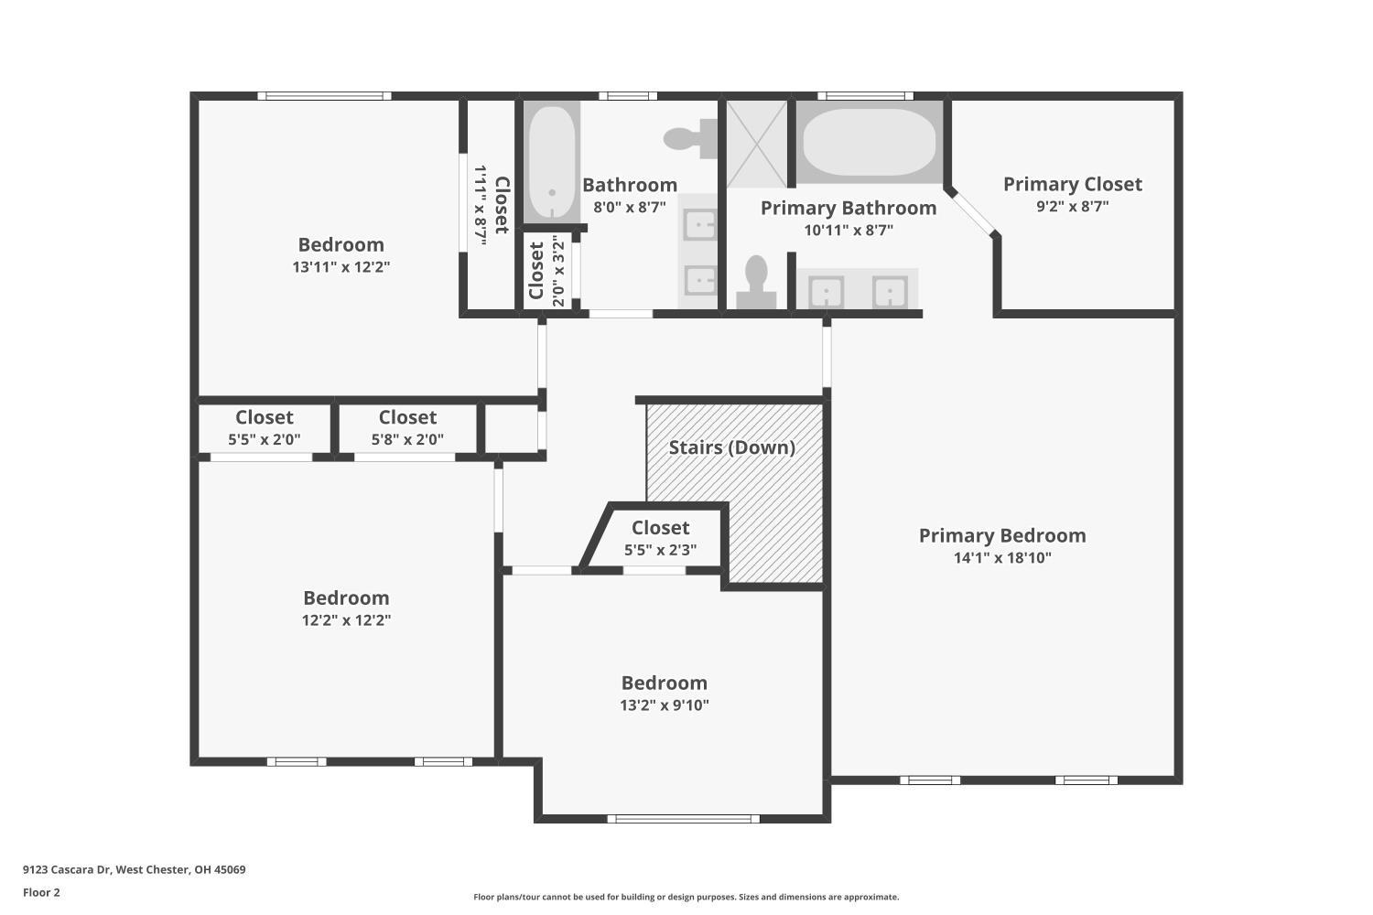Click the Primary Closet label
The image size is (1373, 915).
[1072, 184]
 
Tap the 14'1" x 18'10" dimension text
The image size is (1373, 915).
[1002, 558]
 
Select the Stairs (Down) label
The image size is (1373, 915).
[732, 447]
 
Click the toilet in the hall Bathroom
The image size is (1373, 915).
[690, 138]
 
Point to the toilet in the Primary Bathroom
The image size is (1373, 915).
[756, 283]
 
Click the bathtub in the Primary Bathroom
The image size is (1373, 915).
[870, 142]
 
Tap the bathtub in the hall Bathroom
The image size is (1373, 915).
[552, 162]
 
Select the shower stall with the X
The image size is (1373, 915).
[756, 144]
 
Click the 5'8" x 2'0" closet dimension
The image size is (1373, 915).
[407, 439]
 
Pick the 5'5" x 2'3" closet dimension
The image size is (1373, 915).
[660, 550]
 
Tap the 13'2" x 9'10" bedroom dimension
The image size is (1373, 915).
[665, 705]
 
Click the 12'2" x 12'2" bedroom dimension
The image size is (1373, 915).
[346, 619]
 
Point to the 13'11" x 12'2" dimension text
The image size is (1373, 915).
[341, 266]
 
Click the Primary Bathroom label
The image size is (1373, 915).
[849, 208]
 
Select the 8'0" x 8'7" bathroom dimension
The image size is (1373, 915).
[630, 207]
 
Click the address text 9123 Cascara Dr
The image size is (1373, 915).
[68, 869]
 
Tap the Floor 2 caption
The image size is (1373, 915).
[42, 892]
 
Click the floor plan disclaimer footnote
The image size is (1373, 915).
[686, 897]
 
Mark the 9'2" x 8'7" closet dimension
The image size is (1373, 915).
[1073, 206]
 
